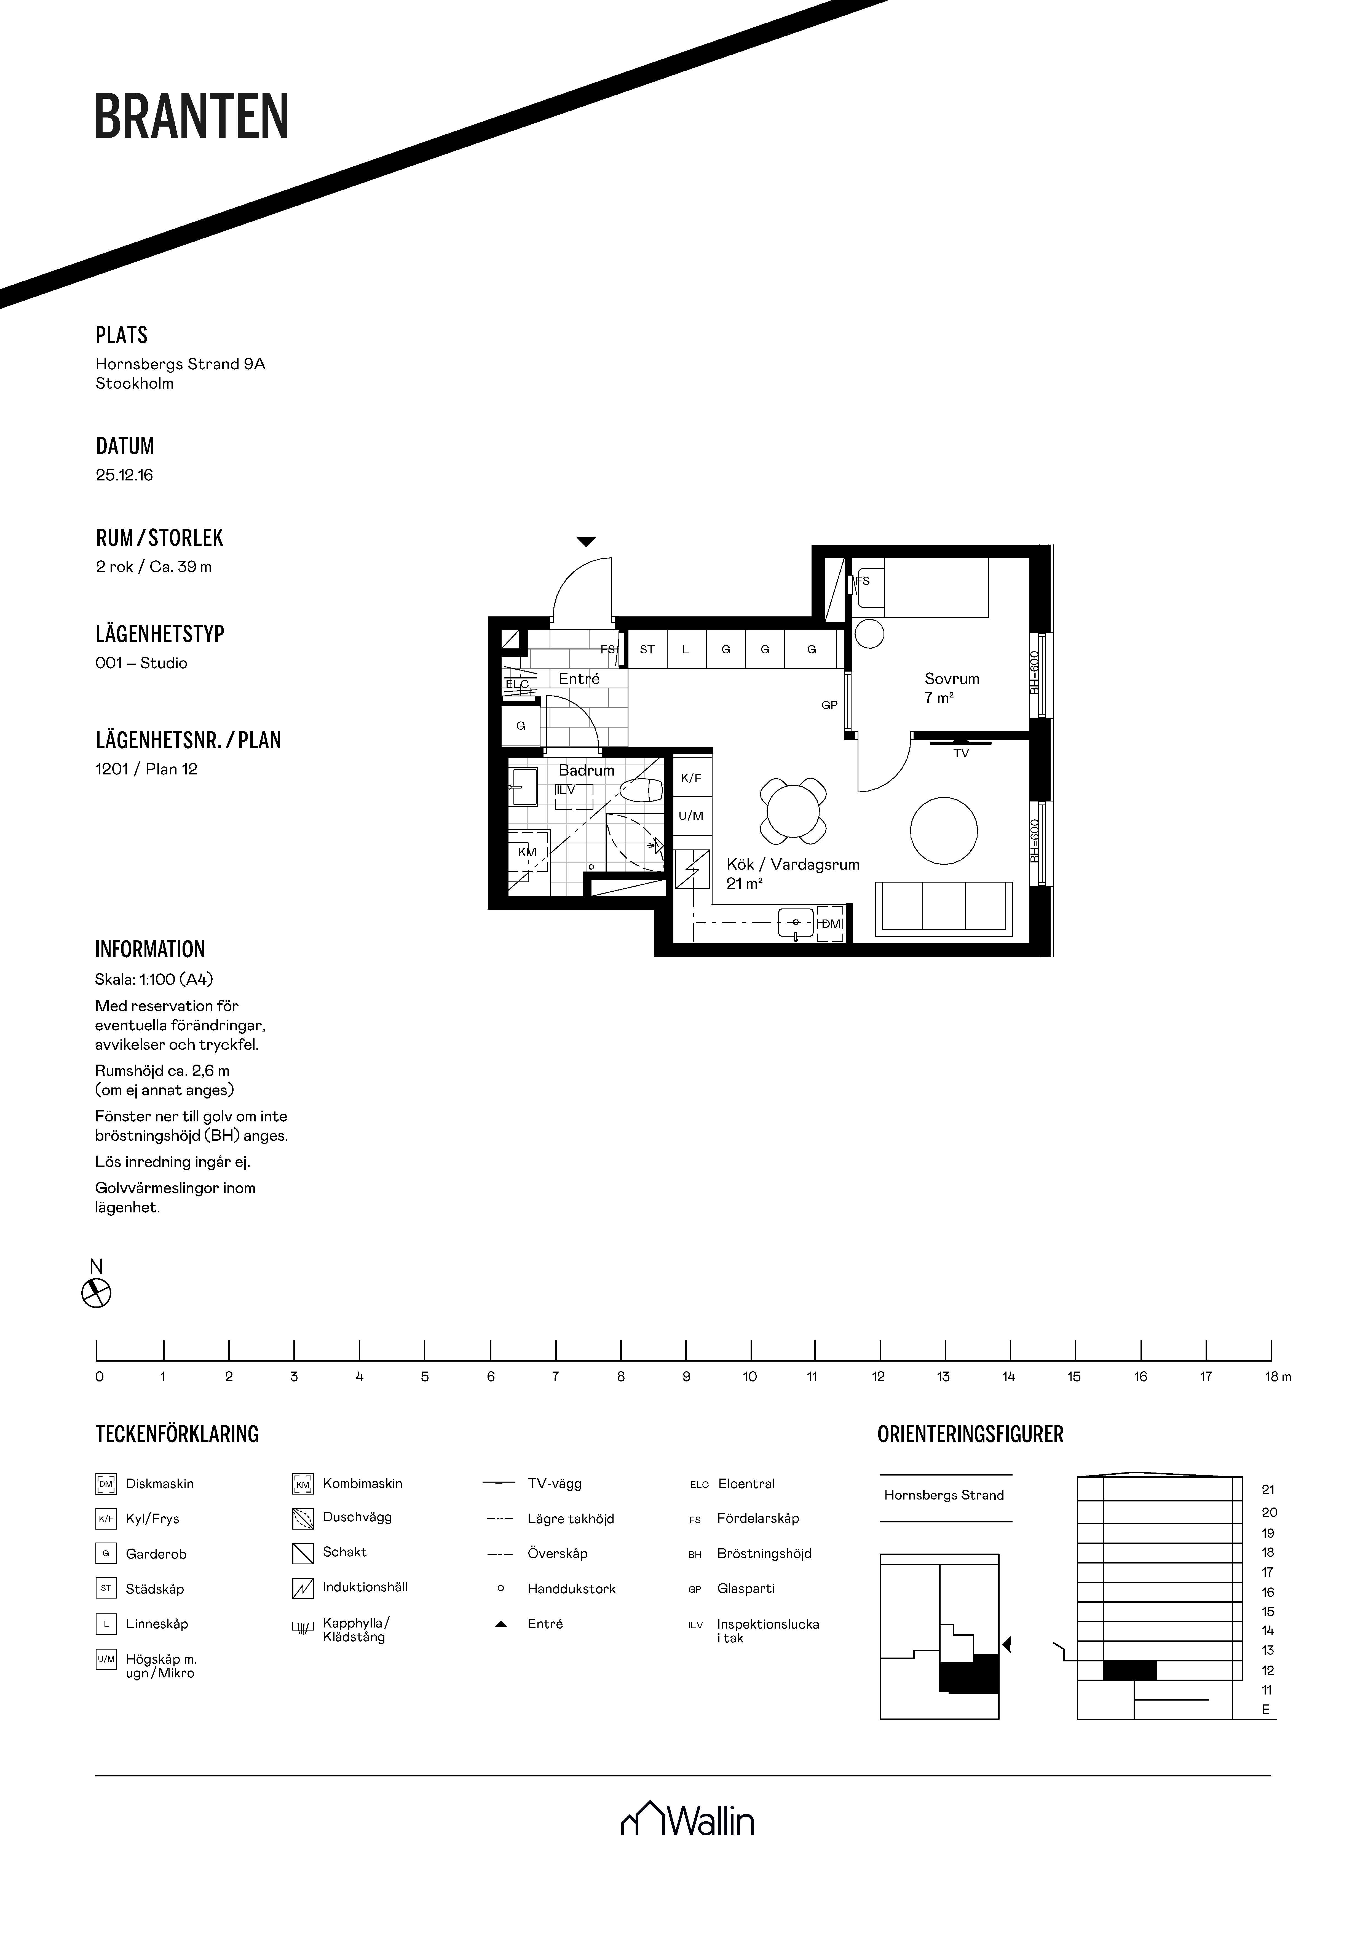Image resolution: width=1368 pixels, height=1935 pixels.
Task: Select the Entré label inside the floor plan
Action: (x=579, y=678)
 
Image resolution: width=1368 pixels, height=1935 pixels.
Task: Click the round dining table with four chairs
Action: (x=793, y=811)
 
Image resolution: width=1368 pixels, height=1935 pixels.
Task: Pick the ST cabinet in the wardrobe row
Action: (x=647, y=650)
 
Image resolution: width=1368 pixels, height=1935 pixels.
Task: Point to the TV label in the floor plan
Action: (x=961, y=753)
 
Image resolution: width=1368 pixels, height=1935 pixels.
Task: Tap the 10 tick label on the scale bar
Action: (x=749, y=1377)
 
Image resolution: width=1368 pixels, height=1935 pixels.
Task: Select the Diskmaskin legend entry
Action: (x=145, y=1484)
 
